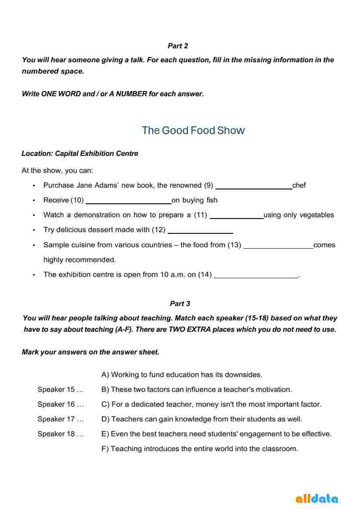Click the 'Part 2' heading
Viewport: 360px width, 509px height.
click(x=178, y=46)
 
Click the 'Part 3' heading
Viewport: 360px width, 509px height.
click(x=180, y=303)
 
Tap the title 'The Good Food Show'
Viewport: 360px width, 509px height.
click(x=193, y=130)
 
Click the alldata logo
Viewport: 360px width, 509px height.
click(x=316, y=498)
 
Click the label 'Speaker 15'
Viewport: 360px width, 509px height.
click(x=61, y=389)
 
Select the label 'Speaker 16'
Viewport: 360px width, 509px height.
click(x=61, y=404)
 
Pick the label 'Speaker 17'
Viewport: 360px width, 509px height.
click(x=61, y=419)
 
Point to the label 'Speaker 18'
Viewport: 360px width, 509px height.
click(x=61, y=434)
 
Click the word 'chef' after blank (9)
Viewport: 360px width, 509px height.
click(x=299, y=185)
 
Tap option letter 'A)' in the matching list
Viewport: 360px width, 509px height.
click(x=105, y=374)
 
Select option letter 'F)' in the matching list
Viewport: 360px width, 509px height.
click(x=105, y=448)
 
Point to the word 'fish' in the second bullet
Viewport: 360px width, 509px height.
click(x=212, y=200)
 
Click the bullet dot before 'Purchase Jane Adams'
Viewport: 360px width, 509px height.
click(x=34, y=185)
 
